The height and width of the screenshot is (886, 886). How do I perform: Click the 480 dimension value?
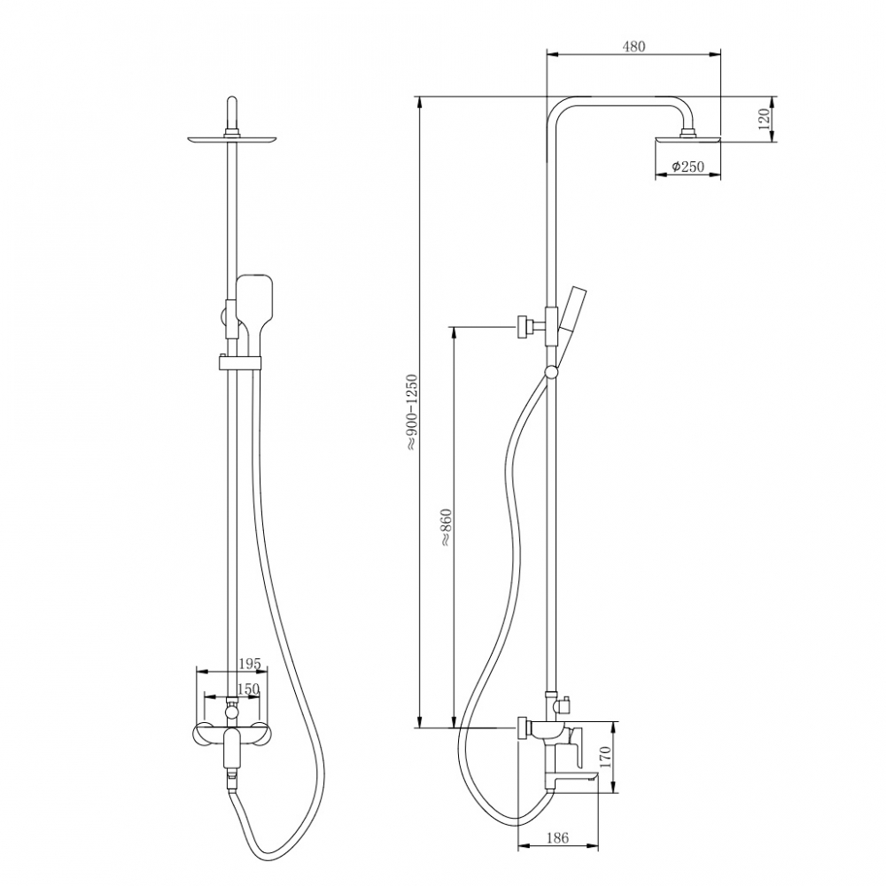point(633,46)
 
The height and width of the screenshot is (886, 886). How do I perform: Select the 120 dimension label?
point(764,120)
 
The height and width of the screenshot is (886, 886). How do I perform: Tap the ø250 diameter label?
point(688,167)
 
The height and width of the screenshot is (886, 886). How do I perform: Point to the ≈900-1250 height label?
point(411,412)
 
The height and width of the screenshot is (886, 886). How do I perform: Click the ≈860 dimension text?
point(446,527)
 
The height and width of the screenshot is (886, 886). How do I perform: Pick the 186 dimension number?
point(557,838)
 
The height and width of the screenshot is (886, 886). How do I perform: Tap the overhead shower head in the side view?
point(688,140)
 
